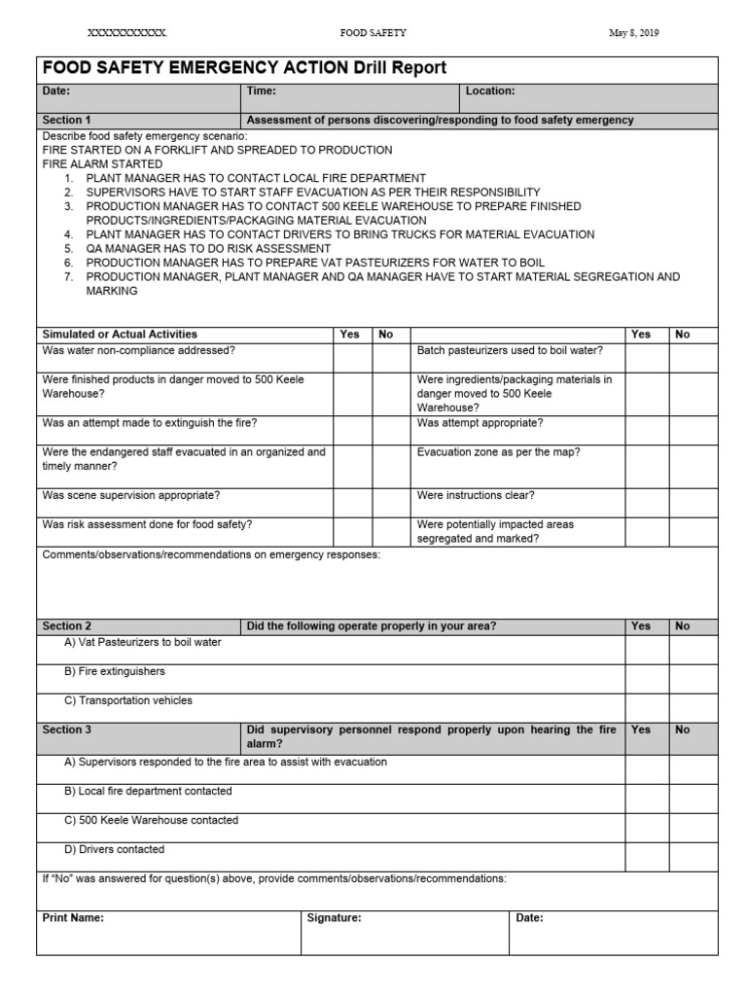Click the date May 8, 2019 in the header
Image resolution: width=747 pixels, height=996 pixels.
tap(633, 33)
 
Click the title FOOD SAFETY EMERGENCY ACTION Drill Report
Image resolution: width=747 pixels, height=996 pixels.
tap(244, 68)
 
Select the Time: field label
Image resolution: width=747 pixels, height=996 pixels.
tap(262, 91)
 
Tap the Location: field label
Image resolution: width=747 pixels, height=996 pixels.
tap(490, 91)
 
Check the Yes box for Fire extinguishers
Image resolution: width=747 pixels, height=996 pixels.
tap(646, 678)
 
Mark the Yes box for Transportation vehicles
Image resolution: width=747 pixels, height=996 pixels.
tap(646, 707)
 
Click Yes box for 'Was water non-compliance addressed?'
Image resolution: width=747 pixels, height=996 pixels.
tap(352, 357)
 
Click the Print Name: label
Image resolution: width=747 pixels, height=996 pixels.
tap(73, 917)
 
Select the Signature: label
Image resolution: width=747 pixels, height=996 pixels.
tap(334, 917)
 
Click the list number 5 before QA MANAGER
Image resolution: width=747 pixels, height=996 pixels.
tap(69, 249)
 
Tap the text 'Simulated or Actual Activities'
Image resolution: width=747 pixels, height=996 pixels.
tap(120, 335)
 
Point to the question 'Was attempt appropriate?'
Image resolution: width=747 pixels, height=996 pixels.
tap(480, 423)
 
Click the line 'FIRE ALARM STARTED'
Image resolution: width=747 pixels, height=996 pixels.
tap(102, 164)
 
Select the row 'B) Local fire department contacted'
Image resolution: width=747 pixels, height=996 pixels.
tap(148, 792)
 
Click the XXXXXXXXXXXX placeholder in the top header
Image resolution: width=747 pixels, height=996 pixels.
tap(127, 33)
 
